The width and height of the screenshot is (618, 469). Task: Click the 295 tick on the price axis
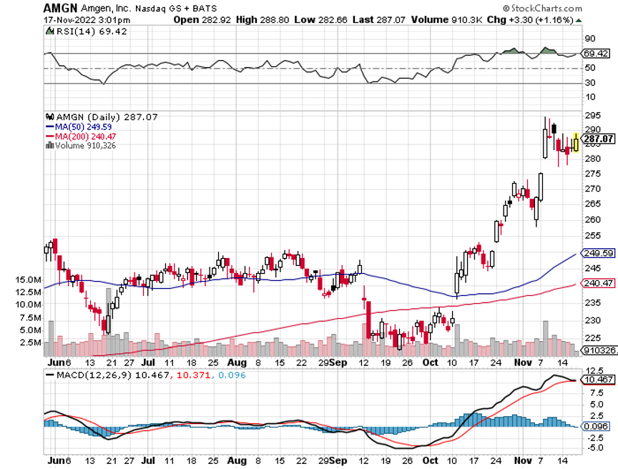click(x=592, y=115)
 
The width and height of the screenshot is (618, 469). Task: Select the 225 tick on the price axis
click(x=592, y=338)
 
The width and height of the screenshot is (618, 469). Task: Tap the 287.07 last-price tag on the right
click(x=598, y=139)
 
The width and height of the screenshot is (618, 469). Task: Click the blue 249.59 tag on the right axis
click(x=598, y=253)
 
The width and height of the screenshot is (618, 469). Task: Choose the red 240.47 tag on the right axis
click(x=598, y=283)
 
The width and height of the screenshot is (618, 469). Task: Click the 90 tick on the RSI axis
click(x=590, y=38)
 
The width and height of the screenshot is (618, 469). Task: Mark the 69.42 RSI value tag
click(x=596, y=54)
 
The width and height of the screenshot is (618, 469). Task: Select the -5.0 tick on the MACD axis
click(x=592, y=448)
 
